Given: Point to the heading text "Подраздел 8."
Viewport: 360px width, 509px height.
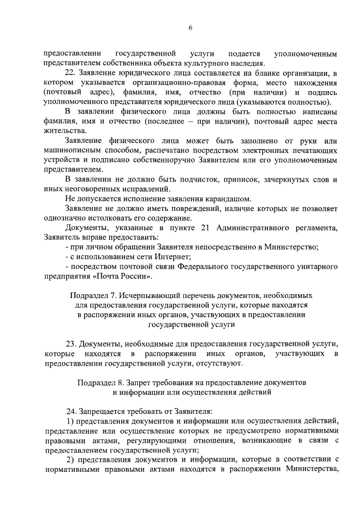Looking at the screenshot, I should click(x=100, y=381).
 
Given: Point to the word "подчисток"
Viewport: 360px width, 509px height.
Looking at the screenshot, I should click(x=199, y=179).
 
